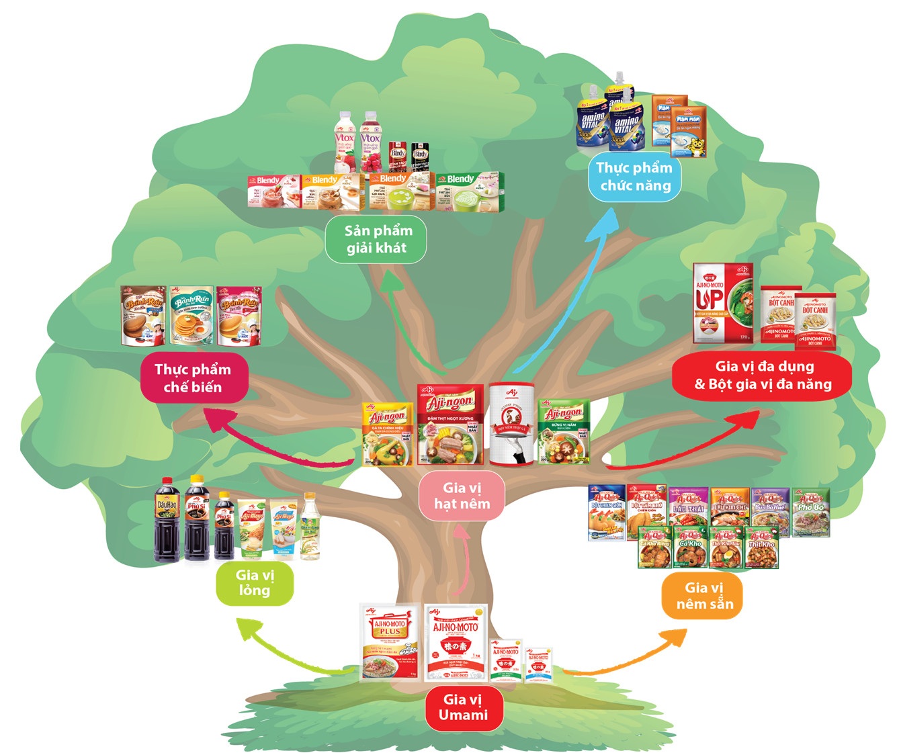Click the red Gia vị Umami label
[x=463, y=707]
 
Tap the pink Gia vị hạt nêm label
[x=462, y=496]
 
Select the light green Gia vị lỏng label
[x=255, y=582]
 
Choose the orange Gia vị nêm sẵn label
[x=705, y=596]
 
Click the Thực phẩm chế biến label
[x=193, y=378]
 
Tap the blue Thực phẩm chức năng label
[x=634, y=177]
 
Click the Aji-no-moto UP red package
[x=722, y=304]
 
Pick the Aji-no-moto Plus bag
[x=390, y=641]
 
